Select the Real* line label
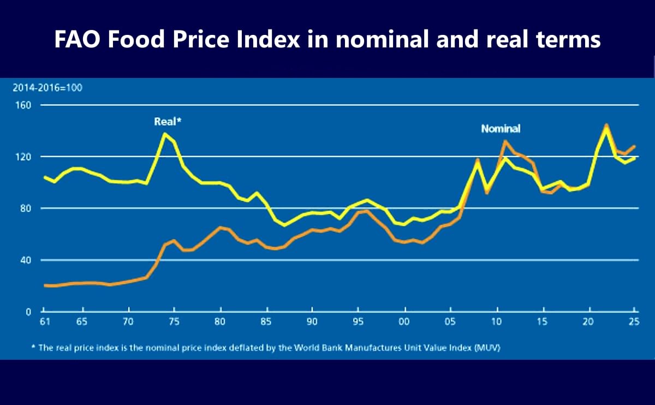[x=167, y=122]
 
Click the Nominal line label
[x=500, y=129]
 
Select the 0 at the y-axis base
[x=27, y=311]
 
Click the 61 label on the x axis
[x=45, y=322]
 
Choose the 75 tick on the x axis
[x=174, y=322]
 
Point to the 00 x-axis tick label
[x=404, y=322]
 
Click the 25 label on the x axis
[x=634, y=322]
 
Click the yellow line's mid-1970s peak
[x=165, y=133]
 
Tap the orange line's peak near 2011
[x=505, y=141]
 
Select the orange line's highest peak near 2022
[x=606, y=125]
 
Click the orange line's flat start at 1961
[x=46, y=285]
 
